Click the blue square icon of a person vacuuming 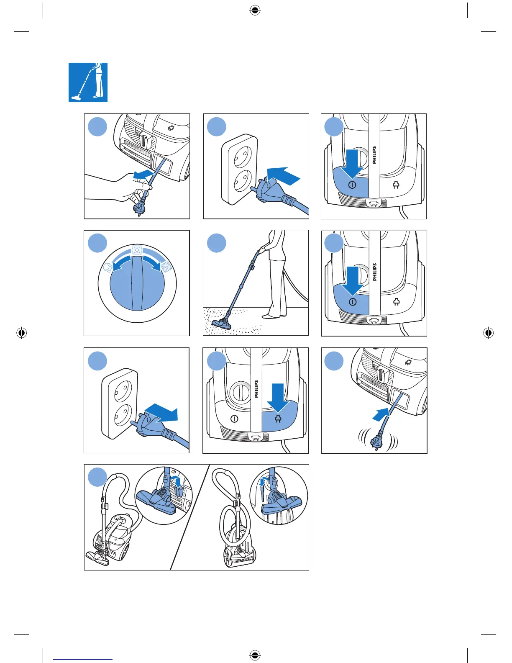tap(88, 82)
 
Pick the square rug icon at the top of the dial tap(136, 250)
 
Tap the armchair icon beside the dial tap(107, 267)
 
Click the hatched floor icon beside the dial tap(167, 267)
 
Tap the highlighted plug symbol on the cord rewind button tap(278, 419)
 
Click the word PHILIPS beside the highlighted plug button tap(257, 389)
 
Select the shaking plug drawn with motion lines tap(378, 441)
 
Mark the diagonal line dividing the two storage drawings tap(190, 517)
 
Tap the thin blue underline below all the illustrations tap(83, 660)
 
